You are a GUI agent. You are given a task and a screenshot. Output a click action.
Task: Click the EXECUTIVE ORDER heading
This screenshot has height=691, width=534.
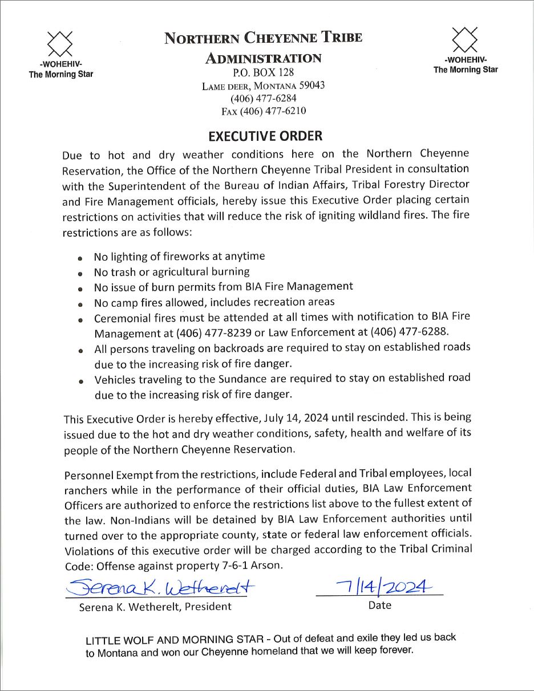(265, 136)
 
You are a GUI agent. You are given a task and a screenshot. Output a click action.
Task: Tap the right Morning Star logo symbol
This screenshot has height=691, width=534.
(466, 38)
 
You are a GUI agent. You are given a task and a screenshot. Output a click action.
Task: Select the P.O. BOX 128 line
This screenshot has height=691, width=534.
(263, 72)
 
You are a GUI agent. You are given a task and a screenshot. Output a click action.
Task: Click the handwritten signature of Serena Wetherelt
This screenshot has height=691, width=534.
(160, 586)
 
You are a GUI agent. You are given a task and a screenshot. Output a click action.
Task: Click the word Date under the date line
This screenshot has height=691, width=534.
(379, 605)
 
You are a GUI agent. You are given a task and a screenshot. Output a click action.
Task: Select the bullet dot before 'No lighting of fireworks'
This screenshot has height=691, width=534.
(82, 258)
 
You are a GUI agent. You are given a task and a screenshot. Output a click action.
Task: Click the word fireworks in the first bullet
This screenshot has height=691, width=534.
(187, 257)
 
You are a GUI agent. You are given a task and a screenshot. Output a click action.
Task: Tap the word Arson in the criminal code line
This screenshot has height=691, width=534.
(267, 566)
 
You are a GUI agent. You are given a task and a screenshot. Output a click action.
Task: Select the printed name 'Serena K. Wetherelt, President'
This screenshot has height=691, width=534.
(155, 607)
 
